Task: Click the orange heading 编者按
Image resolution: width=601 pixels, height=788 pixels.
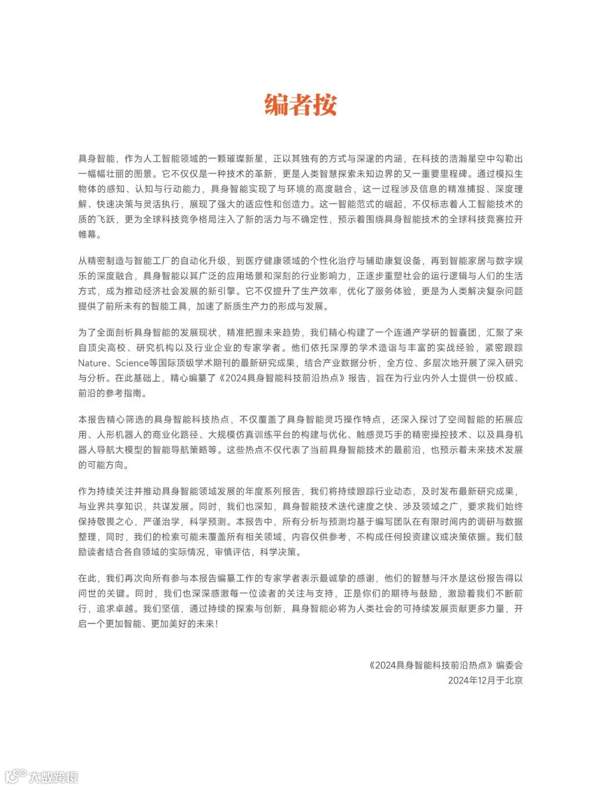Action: [x=300, y=105]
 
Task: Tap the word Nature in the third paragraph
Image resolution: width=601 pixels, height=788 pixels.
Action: [x=92, y=363]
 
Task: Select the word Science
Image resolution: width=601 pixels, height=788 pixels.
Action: [x=134, y=363]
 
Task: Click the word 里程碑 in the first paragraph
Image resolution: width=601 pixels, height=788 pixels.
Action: [x=453, y=174]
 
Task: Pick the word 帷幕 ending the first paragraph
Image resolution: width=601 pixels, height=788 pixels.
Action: [x=87, y=234]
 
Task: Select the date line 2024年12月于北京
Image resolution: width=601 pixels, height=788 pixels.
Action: [x=485, y=680]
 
